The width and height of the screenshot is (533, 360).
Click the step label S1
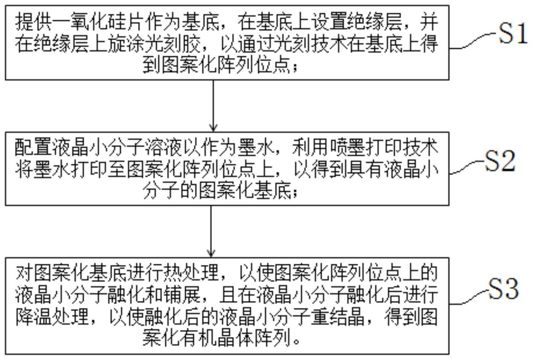[x=513, y=34]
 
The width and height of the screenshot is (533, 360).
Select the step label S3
[x=503, y=289]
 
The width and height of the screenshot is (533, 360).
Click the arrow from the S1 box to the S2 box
[x=213, y=106]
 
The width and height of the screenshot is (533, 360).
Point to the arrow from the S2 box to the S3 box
[x=211, y=231]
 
